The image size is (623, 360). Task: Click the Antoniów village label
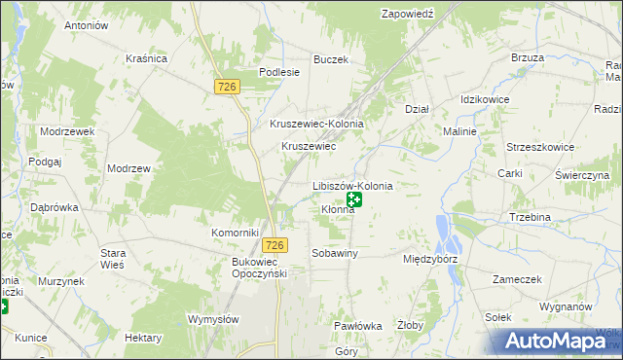[x=85, y=25]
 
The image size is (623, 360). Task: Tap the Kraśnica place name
[x=146, y=58]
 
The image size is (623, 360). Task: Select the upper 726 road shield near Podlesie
[x=228, y=88]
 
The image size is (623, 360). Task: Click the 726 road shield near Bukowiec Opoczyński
[x=276, y=246]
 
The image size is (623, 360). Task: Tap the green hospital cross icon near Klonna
[x=355, y=200]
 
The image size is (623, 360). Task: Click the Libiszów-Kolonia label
[x=352, y=185]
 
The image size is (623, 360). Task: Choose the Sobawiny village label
[x=335, y=253]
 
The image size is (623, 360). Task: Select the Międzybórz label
[x=429, y=260]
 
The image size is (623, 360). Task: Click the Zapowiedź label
[x=407, y=14]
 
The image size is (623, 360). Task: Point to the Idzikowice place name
[x=486, y=100]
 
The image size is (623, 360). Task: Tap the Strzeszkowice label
[x=541, y=147]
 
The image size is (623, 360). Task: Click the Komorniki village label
[x=235, y=233]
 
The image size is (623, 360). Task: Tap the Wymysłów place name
[x=213, y=319]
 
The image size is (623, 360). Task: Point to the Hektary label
[x=143, y=337]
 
